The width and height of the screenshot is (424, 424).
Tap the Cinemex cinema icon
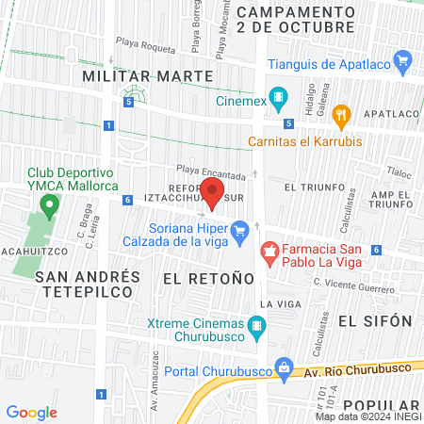click(x=278, y=97)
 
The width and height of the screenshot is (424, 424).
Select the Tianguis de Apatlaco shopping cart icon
click(x=404, y=64)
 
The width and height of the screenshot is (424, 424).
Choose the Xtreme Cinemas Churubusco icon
click(x=256, y=328)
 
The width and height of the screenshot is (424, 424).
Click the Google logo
click(x=32, y=412)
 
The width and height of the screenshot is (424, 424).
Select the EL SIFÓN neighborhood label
click(x=376, y=320)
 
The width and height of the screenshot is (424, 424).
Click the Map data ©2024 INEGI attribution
click(x=367, y=416)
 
